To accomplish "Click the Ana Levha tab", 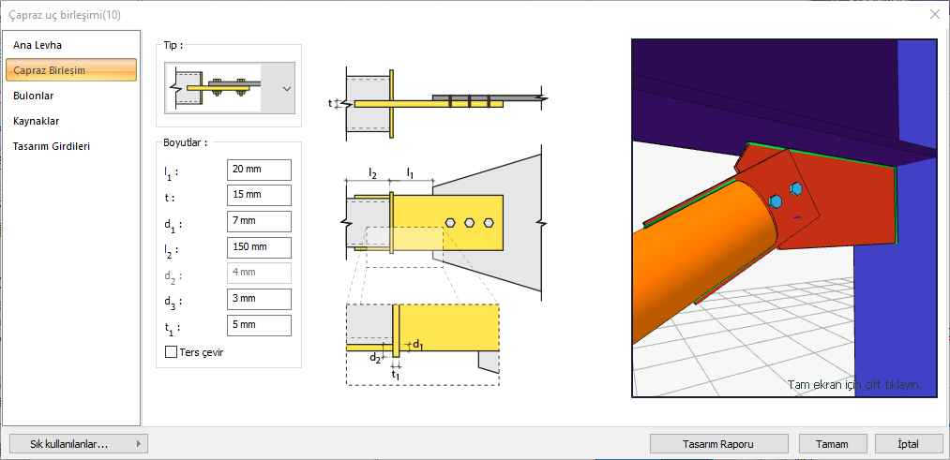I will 38,45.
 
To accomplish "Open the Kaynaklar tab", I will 37,121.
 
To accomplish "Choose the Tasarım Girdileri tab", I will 52,146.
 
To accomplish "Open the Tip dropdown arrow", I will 287,88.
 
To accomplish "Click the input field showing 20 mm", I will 259,170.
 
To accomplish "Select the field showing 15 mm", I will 259,195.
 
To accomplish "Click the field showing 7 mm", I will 259,221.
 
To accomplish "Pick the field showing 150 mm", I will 259,247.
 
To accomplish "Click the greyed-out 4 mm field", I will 259,274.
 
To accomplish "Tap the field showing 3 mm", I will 259,300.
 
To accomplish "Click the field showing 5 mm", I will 259,326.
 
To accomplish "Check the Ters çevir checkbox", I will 171,352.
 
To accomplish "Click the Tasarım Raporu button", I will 719,444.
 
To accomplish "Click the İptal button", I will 908,444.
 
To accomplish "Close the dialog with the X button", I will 934,14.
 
